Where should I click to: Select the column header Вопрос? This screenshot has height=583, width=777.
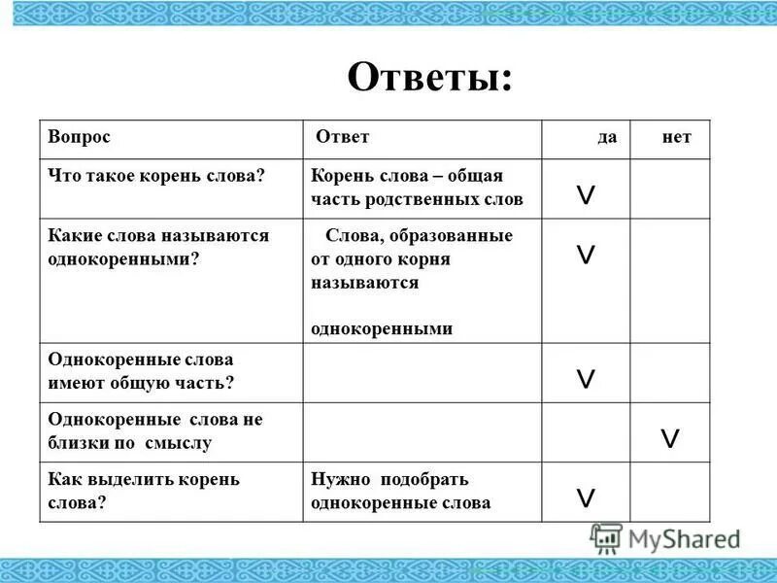pyautogui.click(x=80, y=138)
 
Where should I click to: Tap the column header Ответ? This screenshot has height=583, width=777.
pyautogui.click(x=342, y=138)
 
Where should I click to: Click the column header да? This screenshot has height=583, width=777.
pyautogui.click(x=607, y=138)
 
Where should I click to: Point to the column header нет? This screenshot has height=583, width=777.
pyautogui.click(x=676, y=138)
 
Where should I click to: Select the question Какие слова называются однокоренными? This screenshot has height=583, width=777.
pyautogui.click(x=158, y=248)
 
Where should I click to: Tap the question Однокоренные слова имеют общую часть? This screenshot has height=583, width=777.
pyautogui.click(x=142, y=371)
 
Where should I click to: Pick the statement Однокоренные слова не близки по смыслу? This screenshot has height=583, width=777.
pyautogui.click(x=155, y=430)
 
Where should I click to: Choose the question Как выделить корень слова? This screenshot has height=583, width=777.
pyautogui.click(x=144, y=491)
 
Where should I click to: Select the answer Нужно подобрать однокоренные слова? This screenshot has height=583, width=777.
pyautogui.click(x=401, y=491)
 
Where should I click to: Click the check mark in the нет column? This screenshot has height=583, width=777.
pyautogui.click(x=669, y=438)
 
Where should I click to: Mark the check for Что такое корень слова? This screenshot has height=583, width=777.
pyautogui.click(x=587, y=197)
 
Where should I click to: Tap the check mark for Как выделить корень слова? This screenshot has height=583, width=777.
pyautogui.click(x=587, y=498)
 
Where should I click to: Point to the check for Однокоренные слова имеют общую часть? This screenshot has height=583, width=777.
pyautogui.click(x=587, y=379)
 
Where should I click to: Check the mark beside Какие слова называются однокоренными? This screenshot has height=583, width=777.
pyautogui.click(x=587, y=256)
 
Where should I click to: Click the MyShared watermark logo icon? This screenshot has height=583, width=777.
pyautogui.click(x=607, y=538)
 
